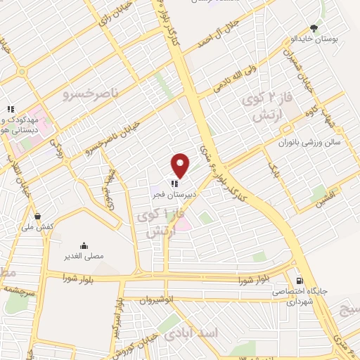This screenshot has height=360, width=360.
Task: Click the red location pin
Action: [181, 165]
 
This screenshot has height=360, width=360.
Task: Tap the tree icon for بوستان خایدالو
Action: [314, 29]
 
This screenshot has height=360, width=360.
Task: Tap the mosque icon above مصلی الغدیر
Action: [84, 246]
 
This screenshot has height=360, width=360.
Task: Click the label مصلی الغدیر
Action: [84, 257]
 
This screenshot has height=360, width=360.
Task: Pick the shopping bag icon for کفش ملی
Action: [37, 215]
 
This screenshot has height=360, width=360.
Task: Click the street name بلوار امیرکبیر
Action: [120, 314]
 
